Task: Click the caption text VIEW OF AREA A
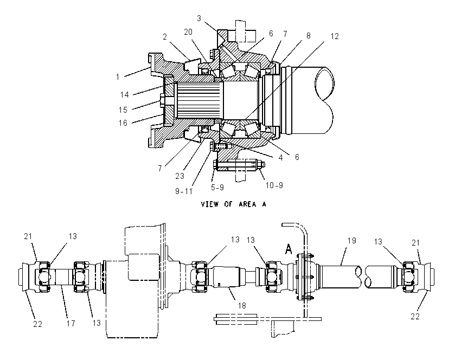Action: pos(233,204)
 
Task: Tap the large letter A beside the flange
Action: pos(289,249)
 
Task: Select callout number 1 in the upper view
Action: pos(118,77)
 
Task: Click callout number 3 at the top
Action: pos(199,18)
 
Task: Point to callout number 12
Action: pos(335,36)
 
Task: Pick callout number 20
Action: pos(188,32)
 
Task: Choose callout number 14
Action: pos(124,95)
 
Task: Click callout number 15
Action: pos(123,110)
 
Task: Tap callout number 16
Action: pos(123,123)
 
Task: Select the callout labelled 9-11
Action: pos(184,191)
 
